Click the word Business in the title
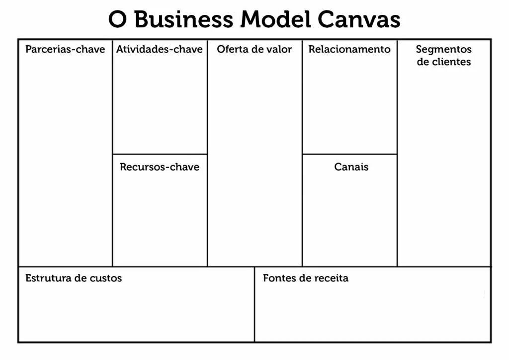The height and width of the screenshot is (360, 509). tap(183, 19)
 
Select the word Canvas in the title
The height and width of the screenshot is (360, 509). tap(358, 19)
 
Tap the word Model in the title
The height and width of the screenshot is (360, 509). tap(275, 19)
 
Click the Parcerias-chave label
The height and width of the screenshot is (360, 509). tap(65, 49)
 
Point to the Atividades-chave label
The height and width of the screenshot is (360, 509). tap(160, 49)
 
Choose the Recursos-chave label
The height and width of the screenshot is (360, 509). tap(160, 167)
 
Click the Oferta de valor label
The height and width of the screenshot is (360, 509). tap(254, 49)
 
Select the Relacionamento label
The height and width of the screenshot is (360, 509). tap(349, 49)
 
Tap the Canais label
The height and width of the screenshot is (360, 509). tap(351, 167)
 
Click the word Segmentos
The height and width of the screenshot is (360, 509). tap(444, 50)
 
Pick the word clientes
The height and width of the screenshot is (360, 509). tap(451, 62)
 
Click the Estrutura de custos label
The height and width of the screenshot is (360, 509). tap(74, 278)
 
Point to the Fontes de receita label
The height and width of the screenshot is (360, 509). tap(306, 278)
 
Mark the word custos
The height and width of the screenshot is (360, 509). tap(105, 278)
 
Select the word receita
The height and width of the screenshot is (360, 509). tap(330, 278)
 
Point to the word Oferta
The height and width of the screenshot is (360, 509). tap(232, 49)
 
